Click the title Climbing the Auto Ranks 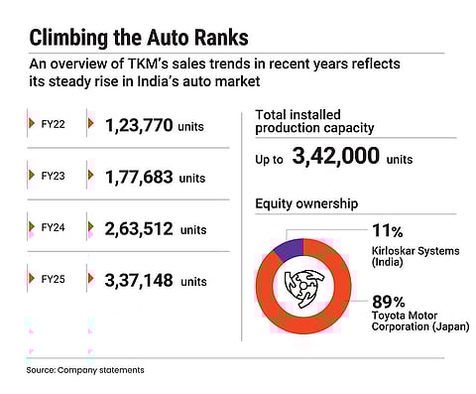pyautogui.click(x=139, y=39)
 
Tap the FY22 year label pyautogui.click(x=52, y=125)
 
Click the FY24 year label pyautogui.click(x=52, y=229)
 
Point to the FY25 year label pyautogui.click(x=52, y=281)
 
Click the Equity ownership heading pyautogui.click(x=306, y=205)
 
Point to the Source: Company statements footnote pyautogui.click(x=85, y=369)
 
